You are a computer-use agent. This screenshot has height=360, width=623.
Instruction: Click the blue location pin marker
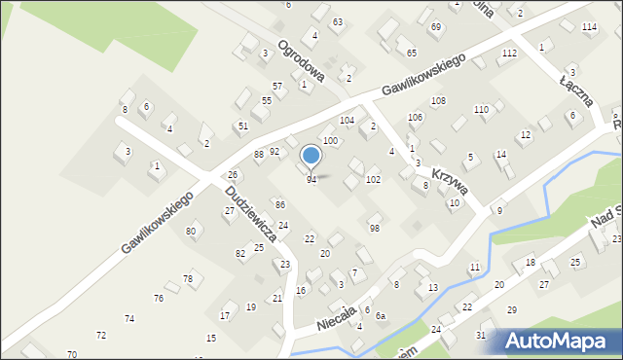click(311, 156)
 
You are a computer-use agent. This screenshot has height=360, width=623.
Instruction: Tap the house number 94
click(311, 180)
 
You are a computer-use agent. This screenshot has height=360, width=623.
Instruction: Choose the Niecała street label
click(338, 314)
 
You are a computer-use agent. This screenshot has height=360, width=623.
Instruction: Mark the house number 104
click(347, 120)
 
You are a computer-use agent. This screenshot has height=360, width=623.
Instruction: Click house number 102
click(373, 180)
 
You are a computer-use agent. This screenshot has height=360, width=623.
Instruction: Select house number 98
click(374, 228)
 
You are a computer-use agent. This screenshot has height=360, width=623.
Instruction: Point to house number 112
click(509, 53)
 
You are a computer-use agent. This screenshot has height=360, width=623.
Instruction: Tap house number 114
click(589, 26)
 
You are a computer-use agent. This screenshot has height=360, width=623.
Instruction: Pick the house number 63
click(337, 21)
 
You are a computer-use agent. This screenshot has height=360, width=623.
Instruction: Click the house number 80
click(191, 231)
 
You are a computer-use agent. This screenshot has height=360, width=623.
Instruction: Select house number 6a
click(382, 315)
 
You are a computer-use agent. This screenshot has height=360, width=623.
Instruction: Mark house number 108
click(439, 101)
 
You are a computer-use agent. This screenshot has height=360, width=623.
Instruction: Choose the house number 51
click(243, 126)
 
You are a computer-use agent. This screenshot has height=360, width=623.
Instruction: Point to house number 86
click(280, 204)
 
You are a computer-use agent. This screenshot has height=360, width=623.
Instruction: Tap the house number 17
click(225, 315)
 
